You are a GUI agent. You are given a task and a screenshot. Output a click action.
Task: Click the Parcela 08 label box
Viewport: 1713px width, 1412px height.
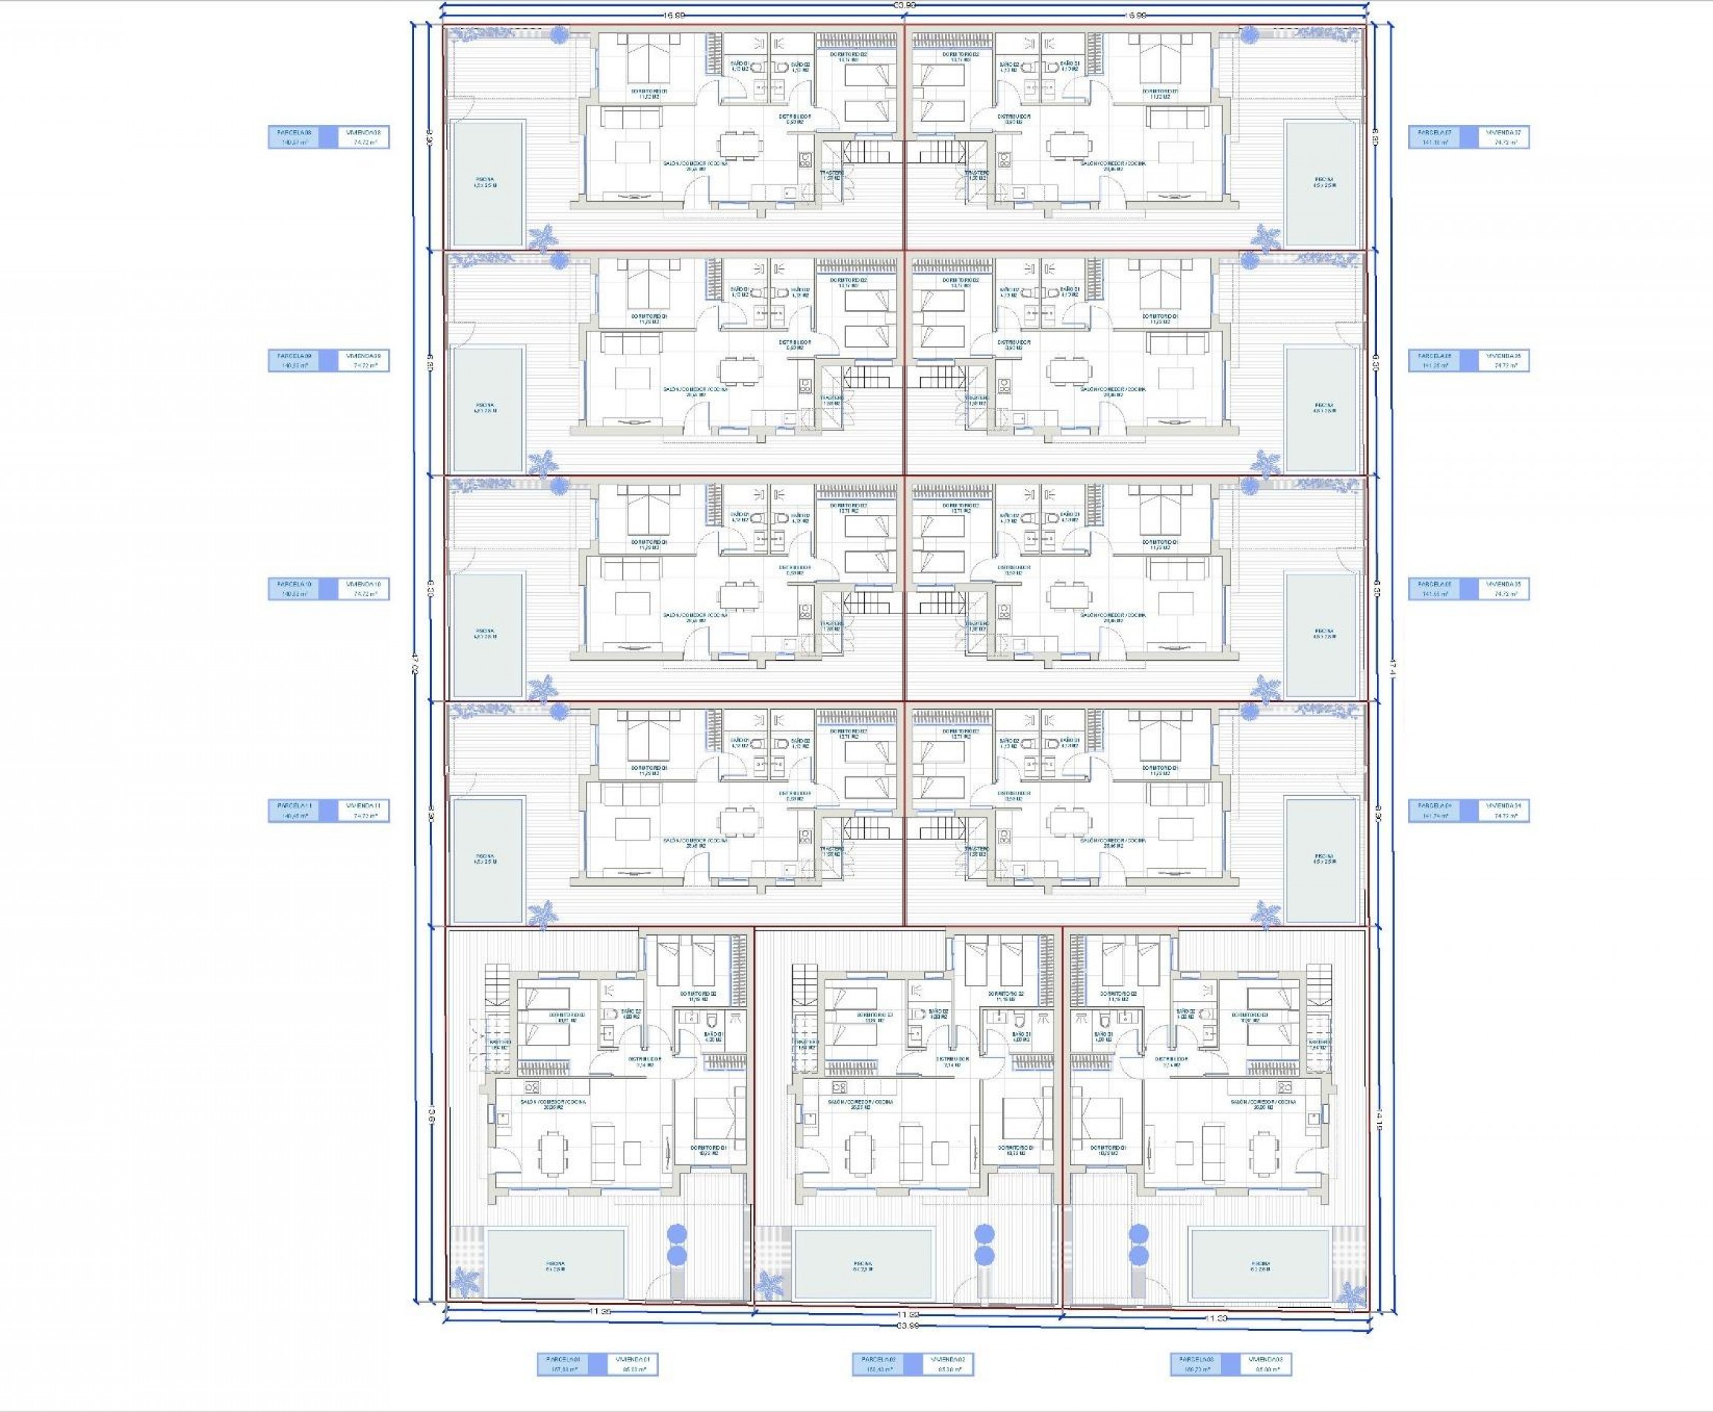click(x=302, y=137)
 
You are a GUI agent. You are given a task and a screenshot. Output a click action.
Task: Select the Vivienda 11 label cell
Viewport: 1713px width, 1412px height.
click(x=363, y=810)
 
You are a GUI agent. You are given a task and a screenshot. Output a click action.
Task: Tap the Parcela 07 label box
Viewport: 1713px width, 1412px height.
click(x=1443, y=137)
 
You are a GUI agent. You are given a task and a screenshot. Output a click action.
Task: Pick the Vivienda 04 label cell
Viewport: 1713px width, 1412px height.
click(x=1504, y=810)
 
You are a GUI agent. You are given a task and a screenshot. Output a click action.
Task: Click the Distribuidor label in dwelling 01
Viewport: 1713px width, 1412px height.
click(x=645, y=1060)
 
